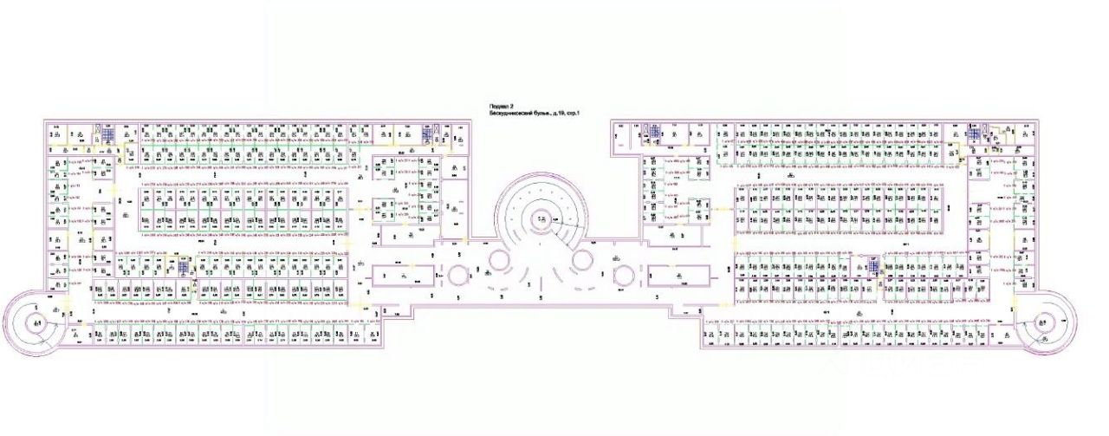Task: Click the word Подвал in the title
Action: tap(497, 106)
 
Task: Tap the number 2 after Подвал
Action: tap(511, 106)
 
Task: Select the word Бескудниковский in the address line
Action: tap(512, 114)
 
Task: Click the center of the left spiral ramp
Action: tap(36, 324)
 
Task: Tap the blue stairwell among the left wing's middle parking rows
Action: tap(172, 266)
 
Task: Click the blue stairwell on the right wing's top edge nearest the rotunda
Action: tap(656, 132)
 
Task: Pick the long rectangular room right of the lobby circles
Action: tap(678, 276)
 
